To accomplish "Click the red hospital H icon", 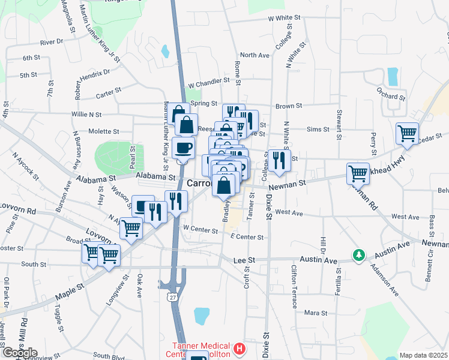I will click(x=240, y=348).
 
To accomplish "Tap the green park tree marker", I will click(x=359, y=255).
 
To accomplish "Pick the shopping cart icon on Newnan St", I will click(x=358, y=173).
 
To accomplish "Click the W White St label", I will click(x=284, y=19).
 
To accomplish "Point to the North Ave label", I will click(x=255, y=55).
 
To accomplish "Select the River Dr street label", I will click(x=52, y=43).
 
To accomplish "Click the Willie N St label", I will click(x=86, y=114).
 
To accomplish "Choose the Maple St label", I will click(x=70, y=289).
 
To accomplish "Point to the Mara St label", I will click(x=315, y=313).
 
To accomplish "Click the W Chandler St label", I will click(x=209, y=80).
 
